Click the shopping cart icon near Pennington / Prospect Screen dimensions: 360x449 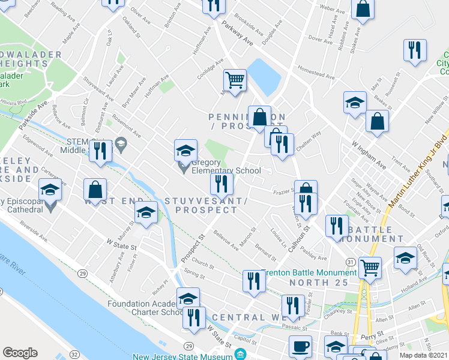tap(235, 80)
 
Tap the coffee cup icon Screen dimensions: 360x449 tap(300, 346)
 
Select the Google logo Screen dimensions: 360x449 tap(20, 353)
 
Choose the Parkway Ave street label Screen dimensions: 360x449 tap(237, 36)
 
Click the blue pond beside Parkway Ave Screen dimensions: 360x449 tap(262, 76)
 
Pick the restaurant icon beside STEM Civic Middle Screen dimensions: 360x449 tap(100, 151)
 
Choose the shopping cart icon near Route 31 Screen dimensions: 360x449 tap(370, 268)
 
